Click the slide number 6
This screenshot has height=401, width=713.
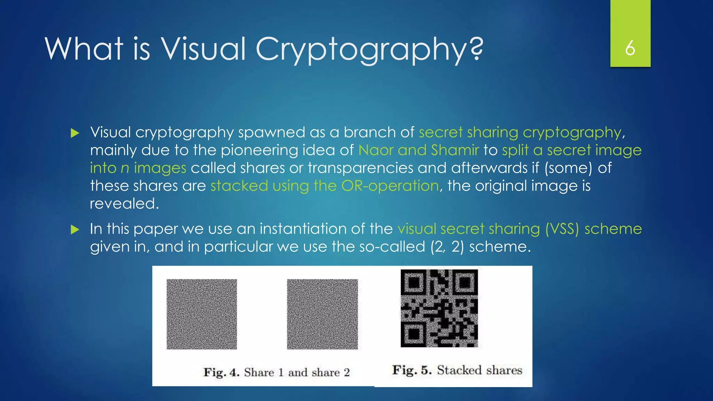[x=630, y=48]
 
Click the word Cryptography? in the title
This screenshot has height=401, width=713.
[x=369, y=49]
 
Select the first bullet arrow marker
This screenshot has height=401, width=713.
[x=75, y=133]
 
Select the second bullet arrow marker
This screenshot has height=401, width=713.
[x=75, y=229]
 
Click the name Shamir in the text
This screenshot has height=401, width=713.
[x=455, y=150]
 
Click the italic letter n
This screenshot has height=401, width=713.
[x=125, y=168]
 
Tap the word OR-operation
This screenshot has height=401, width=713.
[x=390, y=186]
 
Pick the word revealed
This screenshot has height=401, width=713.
[x=124, y=204]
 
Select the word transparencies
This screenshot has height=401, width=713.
[x=360, y=168]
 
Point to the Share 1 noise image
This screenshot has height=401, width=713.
[x=202, y=314]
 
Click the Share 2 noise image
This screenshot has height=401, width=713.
[x=322, y=314]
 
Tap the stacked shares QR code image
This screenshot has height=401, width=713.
[x=439, y=308]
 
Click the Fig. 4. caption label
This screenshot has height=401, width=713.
[x=222, y=372]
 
